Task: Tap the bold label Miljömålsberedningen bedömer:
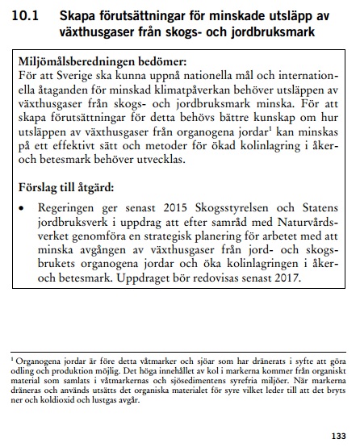point(98,62)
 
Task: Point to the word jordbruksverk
point(79,222)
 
